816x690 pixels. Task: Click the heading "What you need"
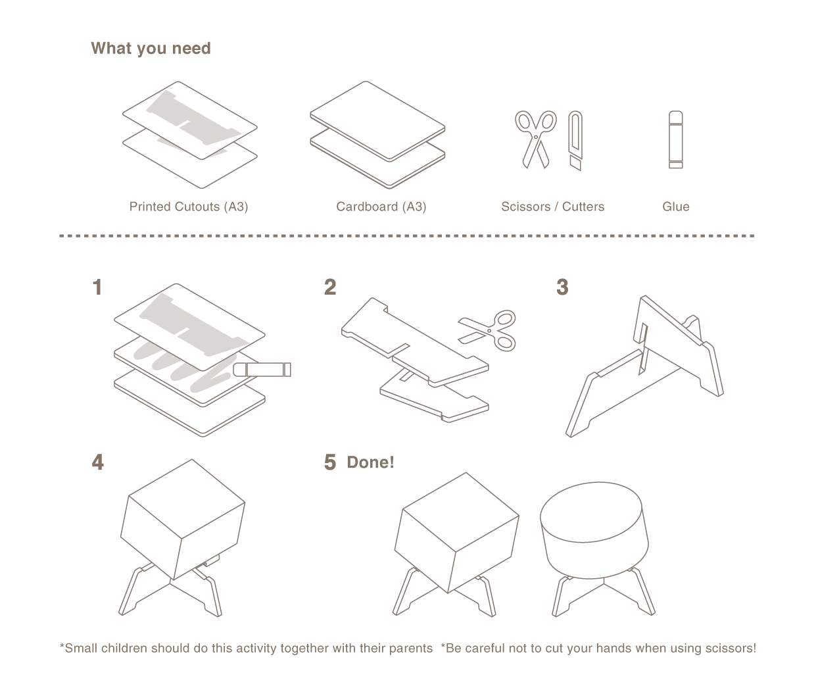[151, 49]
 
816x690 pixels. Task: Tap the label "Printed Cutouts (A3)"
[189, 207]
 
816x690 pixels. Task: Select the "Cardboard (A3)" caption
[381, 207]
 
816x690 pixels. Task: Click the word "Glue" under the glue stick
[675, 207]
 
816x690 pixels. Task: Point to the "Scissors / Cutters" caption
[552, 207]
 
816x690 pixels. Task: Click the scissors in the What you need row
[535, 138]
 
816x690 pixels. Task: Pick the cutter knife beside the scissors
[575, 140]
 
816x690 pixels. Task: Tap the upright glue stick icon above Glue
[675, 139]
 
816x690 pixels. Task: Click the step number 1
[98, 287]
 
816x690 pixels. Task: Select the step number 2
[330, 287]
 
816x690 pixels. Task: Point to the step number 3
[562, 287]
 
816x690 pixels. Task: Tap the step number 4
[98, 462]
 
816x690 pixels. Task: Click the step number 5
[330, 462]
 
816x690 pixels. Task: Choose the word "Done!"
[370, 462]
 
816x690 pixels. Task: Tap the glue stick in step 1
[263, 369]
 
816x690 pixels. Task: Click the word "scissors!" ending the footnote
[729, 649]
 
